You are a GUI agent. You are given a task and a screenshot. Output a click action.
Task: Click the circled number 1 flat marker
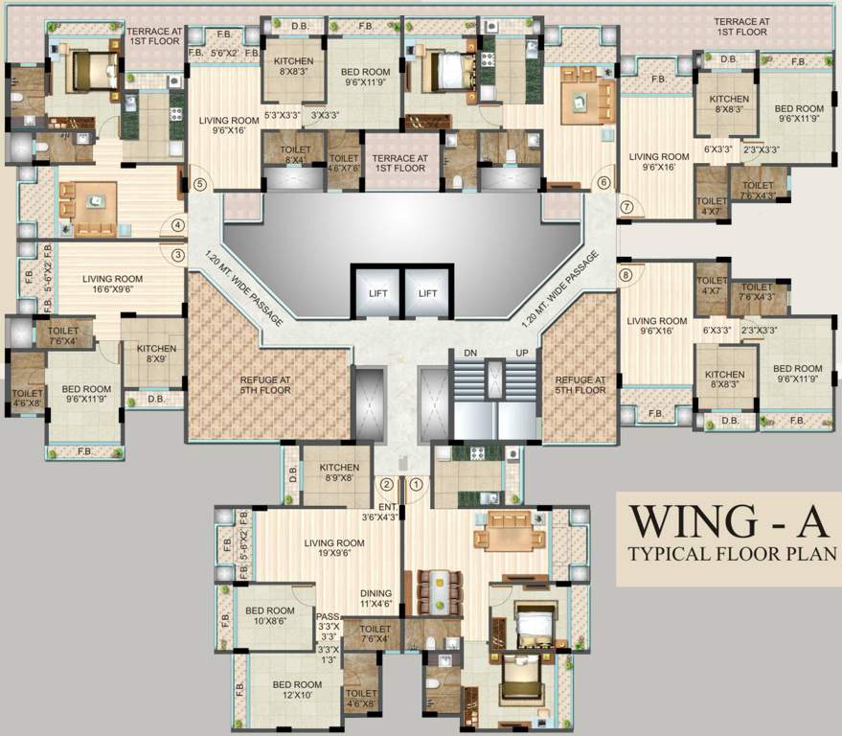(x=416, y=485)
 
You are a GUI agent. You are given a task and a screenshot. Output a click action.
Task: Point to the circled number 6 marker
(x=603, y=183)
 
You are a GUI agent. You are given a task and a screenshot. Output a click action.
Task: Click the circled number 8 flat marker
(x=626, y=275)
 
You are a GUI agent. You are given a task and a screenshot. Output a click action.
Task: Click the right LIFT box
(x=427, y=293)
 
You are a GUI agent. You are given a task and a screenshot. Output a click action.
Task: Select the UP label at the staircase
(x=522, y=353)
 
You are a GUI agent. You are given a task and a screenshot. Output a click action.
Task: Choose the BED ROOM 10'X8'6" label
(x=271, y=616)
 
